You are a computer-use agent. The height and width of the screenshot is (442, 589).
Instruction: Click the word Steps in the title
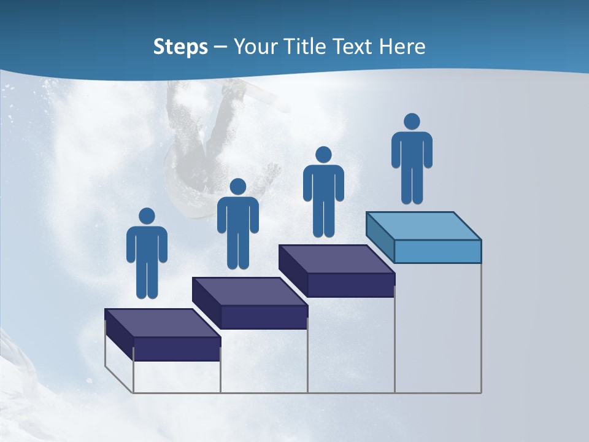[180, 47]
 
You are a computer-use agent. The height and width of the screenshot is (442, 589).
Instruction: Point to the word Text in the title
[356, 47]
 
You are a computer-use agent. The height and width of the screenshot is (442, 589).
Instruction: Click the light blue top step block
[423, 227]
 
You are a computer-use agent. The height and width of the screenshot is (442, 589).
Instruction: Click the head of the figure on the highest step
[412, 122]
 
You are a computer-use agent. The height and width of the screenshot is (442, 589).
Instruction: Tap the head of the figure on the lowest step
[147, 216]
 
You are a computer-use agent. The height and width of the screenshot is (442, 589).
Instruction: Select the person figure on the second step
[237, 224]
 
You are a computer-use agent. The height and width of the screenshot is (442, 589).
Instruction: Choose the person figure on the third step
[323, 192]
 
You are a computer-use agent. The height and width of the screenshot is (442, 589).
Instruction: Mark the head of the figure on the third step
[323, 155]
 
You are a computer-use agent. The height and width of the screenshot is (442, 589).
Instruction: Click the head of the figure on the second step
[237, 187]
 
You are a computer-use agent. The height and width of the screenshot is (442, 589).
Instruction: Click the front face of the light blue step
[437, 251]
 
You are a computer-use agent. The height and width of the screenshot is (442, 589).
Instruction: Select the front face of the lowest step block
[177, 349]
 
